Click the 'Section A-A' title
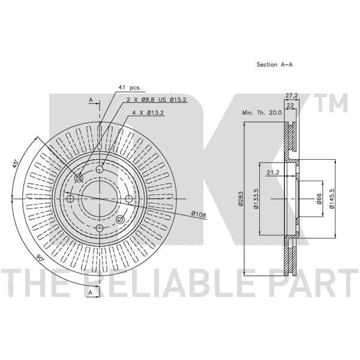[274, 65]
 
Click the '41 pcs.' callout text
[129, 88]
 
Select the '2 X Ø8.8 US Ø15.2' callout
[157, 100]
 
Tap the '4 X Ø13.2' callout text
[148, 113]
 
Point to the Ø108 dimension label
[199, 214]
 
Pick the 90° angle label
[40, 258]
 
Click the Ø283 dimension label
[241, 199]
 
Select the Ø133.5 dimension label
[256, 199]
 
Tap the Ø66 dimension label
[319, 199]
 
